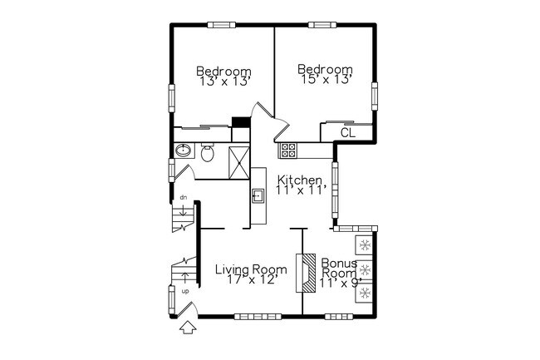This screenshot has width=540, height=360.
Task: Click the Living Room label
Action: click(x=251, y=269)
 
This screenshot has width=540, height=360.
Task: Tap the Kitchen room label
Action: click(x=300, y=180)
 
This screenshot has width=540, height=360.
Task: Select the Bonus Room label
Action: click(x=339, y=269)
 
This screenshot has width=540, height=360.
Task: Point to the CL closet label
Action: click(x=348, y=133)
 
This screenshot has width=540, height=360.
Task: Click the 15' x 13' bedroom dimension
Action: click(x=326, y=80)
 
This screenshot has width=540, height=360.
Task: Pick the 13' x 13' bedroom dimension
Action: click(x=224, y=81)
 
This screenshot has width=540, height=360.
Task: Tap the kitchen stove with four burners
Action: click(x=287, y=150)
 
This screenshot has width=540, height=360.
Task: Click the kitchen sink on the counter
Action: click(x=258, y=196)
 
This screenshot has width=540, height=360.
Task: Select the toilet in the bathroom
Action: click(x=208, y=152)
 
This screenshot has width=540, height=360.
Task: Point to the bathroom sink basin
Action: click(x=183, y=150)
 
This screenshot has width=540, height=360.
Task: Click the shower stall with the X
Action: click(x=239, y=162)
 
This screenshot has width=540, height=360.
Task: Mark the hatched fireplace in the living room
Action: click(x=306, y=273)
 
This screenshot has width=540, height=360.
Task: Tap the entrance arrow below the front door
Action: click(x=188, y=328)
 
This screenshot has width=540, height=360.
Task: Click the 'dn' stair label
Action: click(x=184, y=197)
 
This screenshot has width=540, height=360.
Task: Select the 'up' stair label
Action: click(x=185, y=292)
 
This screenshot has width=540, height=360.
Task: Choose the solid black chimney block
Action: click(x=241, y=122)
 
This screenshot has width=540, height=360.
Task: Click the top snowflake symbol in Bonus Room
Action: click(x=365, y=245)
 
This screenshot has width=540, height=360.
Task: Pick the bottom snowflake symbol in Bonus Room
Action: click(x=365, y=293)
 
